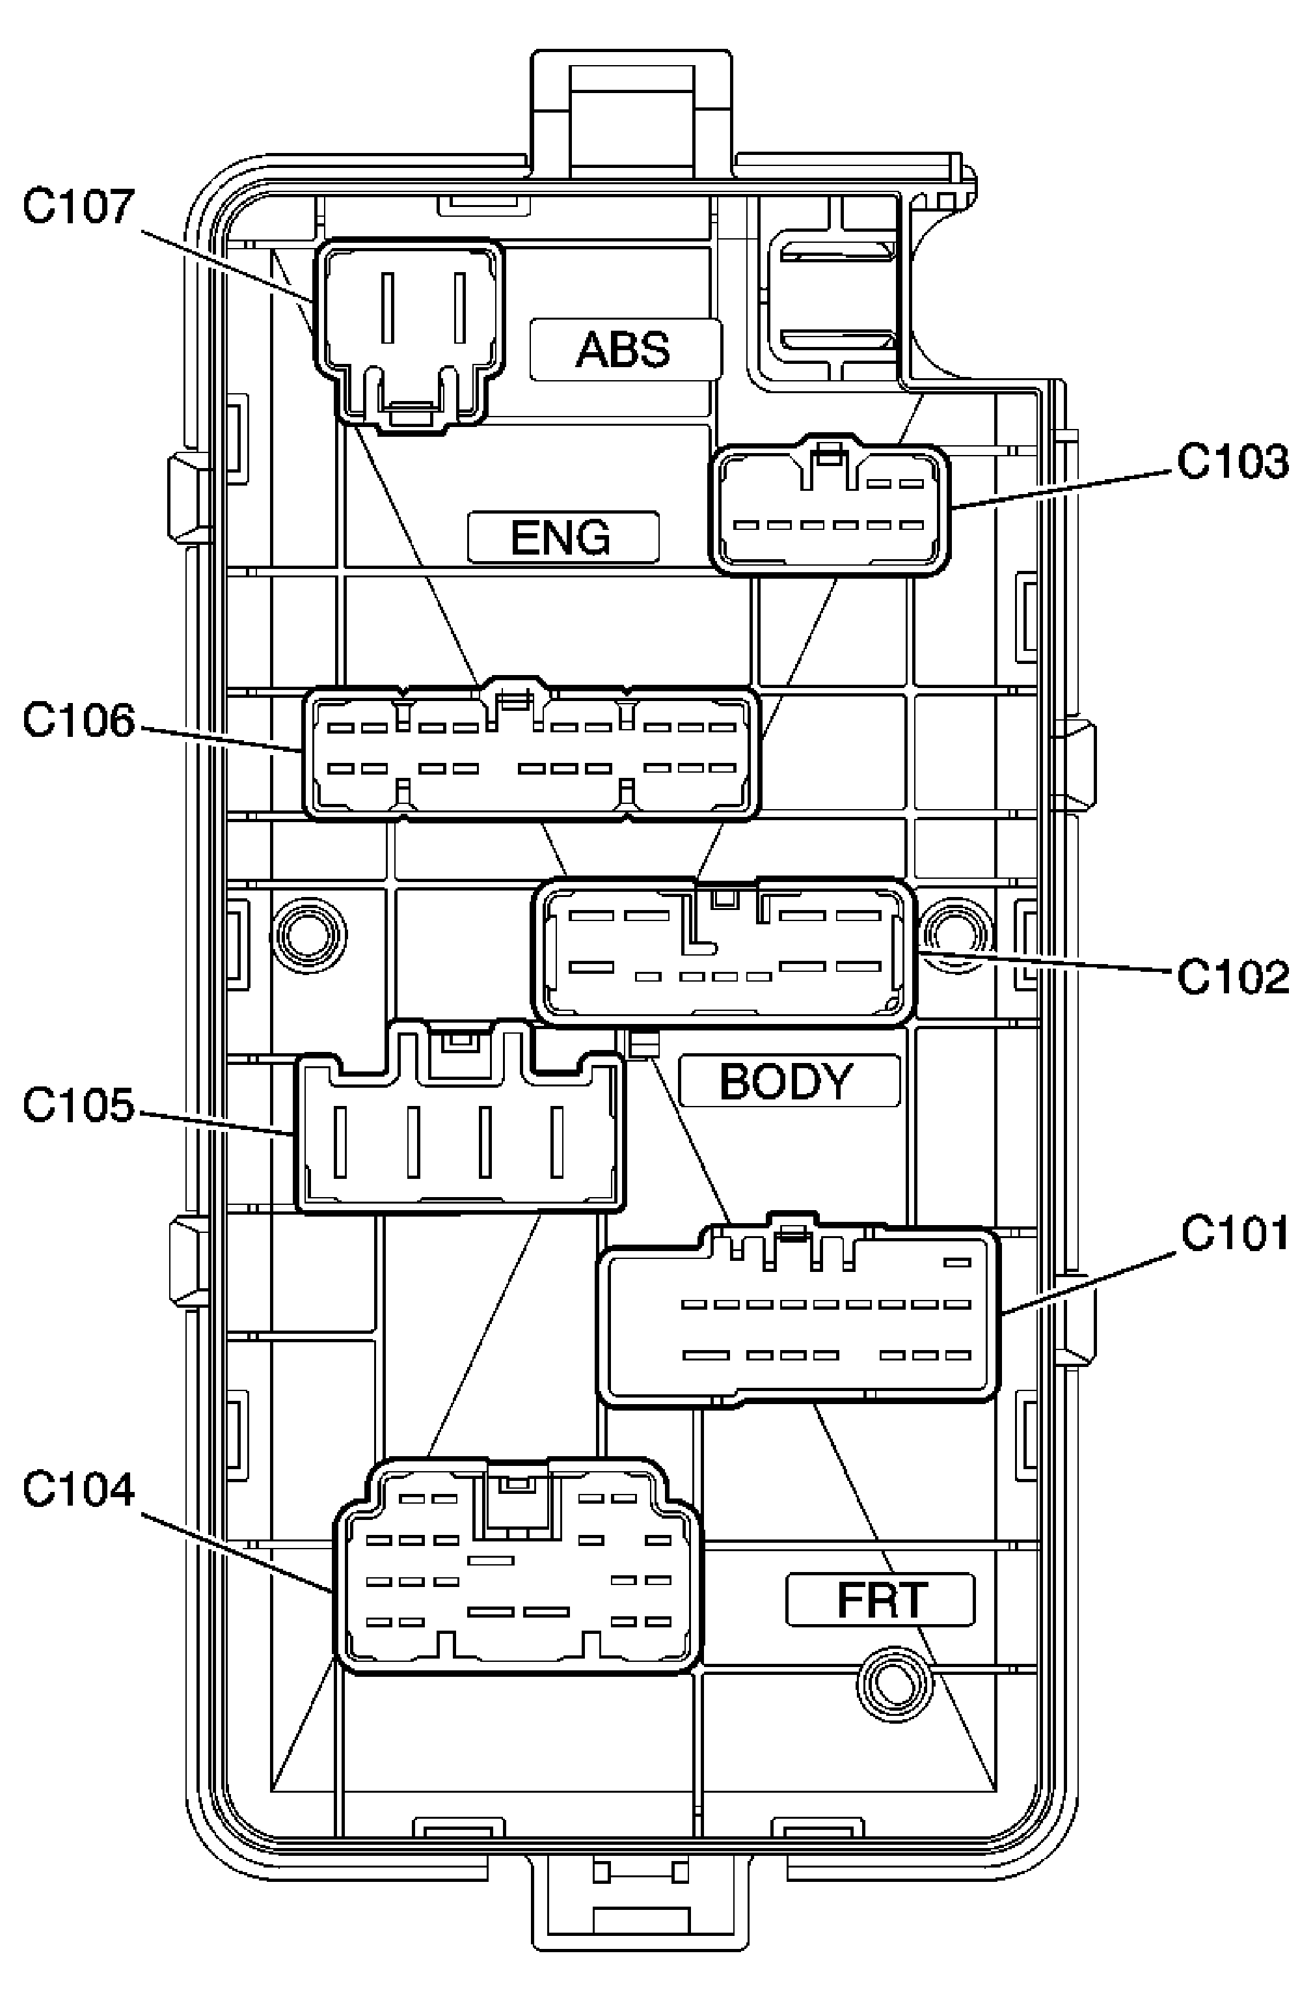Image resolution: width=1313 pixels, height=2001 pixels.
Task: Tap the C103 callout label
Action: tap(1232, 462)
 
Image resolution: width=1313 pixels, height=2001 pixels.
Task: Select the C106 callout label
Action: tap(77, 721)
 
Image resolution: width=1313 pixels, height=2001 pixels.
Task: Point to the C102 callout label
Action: tap(1232, 977)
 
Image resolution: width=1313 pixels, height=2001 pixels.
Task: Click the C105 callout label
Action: tap(77, 1105)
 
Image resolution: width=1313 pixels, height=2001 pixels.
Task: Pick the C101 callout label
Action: tap(1234, 1234)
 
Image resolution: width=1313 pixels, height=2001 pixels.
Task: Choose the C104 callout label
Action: tap(77, 1489)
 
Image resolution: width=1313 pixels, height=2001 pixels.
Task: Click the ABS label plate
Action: tap(625, 349)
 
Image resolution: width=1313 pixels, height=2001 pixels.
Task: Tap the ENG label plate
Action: tap(562, 537)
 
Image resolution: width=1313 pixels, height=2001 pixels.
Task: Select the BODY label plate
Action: tap(788, 1081)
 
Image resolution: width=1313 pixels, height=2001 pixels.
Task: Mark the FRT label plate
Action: tap(880, 1600)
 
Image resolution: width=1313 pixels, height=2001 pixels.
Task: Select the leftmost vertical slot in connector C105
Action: tap(340, 1142)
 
